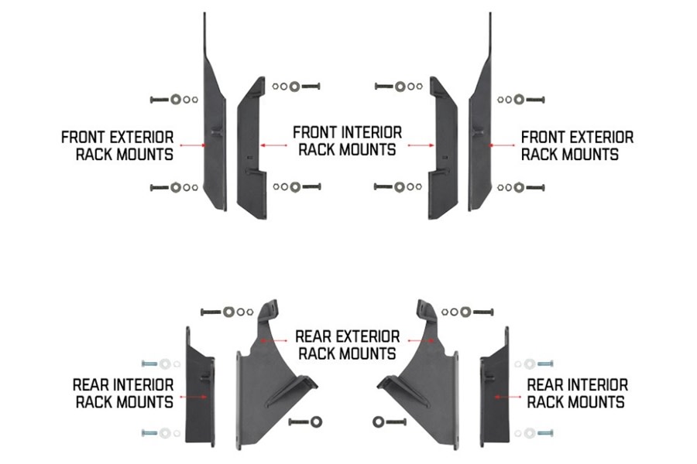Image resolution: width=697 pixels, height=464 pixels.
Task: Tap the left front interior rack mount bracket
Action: tap(251, 151)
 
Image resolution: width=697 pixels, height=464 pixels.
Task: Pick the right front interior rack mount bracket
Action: tap(443, 151)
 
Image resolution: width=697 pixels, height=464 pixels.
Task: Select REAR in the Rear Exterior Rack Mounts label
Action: tap(316, 336)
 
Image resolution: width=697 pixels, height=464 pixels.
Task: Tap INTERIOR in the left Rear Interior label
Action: tap(146, 384)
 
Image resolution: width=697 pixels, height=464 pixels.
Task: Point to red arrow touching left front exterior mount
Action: tap(194, 145)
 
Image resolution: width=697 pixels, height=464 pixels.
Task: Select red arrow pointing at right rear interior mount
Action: tap(507, 397)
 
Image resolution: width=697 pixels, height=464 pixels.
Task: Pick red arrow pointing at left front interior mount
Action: tap(274, 145)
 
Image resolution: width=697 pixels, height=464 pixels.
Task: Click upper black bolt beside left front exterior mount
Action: tap(160, 100)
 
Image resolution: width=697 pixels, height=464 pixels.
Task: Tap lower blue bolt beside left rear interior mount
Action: tap(149, 433)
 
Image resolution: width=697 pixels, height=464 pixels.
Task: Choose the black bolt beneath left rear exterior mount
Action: tap(300, 421)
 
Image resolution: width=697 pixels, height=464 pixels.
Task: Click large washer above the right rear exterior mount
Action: tap(465, 312)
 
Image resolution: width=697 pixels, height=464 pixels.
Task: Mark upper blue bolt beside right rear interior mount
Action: tap(545, 364)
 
